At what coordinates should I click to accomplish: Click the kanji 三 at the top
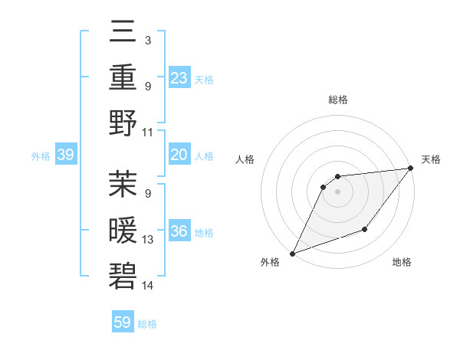pyautogui.click(x=123, y=34)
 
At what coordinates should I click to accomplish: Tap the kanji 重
pyautogui.click(x=123, y=79)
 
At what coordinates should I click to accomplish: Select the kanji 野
pyautogui.click(x=123, y=123)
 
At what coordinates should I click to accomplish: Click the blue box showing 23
pyautogui.click(x=179, y=78)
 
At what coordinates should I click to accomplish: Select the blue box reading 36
pyautogui.click(x=179, y=231)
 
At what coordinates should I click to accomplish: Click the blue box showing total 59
pyautogui.click(x=123, y=322)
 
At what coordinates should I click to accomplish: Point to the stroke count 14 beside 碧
pyautogui.click(x=148, y=286)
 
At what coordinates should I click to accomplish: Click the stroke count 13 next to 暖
pyautogui.click(x=148, y=240)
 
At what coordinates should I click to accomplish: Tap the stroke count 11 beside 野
pyautogui.click(x=148, y=132)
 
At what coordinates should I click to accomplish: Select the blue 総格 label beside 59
pyautogui.click(x=147, y=324)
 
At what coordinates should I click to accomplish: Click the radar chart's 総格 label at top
pyautogui.click(x=337, y=100)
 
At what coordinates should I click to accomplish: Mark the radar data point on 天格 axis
pyautogui.click(x=411, y=169)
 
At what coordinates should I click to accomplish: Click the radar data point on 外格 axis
pyautogui.click(x=292, y=253)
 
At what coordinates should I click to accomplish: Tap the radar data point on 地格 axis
pyautogui.click(x=365, y=229)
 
